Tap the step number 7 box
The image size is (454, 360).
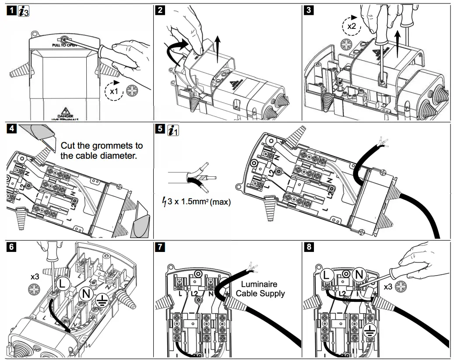(x=161, y=247)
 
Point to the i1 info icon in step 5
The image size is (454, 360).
(x=173, y=130)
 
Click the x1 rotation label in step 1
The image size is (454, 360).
(x=114, y=91)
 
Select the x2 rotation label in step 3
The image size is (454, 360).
(x=351, y=26)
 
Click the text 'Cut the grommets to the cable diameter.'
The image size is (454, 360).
(x=102, y=150)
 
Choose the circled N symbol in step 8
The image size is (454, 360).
(x=359, y=275)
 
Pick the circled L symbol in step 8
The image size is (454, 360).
(x=326, y=276)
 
